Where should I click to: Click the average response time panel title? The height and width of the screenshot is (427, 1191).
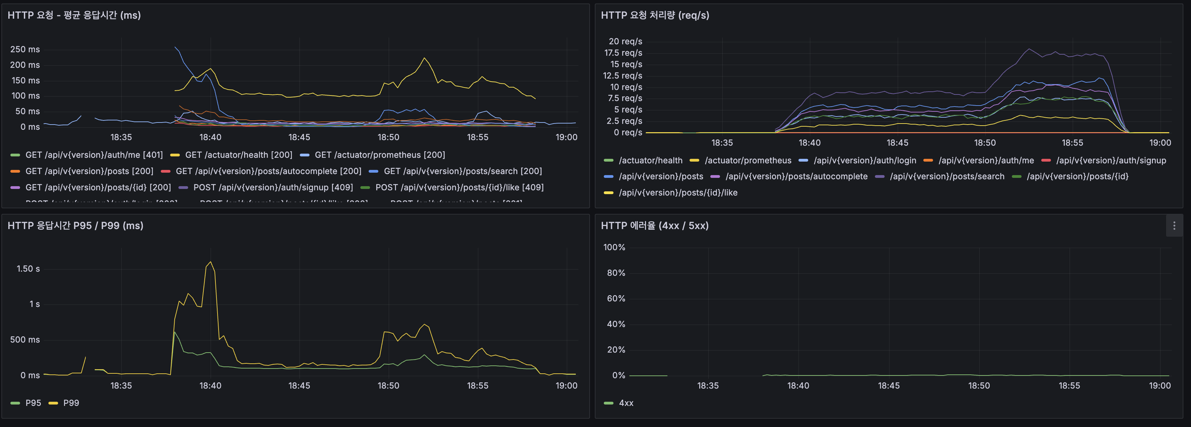[x=74, y=15]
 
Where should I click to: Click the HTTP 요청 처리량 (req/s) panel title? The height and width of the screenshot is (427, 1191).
[x=655, y=15]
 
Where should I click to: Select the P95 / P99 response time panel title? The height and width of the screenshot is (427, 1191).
[x=75, y=225]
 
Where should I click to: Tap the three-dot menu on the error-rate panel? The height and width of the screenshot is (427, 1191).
[x=1174, y=226]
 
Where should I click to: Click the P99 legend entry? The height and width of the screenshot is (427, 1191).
[x=71, y=403]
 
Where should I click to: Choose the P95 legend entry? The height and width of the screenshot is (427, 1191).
[x=33, y=403]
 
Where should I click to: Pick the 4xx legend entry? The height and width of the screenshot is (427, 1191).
[x=626, y=403]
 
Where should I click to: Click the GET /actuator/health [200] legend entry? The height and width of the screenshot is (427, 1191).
[x=238, y=155]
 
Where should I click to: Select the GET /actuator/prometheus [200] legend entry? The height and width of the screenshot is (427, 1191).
[x=380, y=155]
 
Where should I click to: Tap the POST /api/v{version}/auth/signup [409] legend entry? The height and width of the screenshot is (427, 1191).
[x=273, y=187]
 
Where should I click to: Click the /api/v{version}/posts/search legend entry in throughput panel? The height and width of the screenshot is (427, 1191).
[x=947, y=176]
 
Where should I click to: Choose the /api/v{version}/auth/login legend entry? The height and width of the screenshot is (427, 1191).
[x=865, y=161]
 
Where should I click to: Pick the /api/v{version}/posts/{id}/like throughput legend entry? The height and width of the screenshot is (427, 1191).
[x=678, y=192]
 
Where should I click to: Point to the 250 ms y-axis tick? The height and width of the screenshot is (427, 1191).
[x=25, y=49]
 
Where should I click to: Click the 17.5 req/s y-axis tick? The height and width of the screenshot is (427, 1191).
[x=623, y=53]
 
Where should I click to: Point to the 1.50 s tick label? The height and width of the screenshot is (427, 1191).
[x=28, y=269]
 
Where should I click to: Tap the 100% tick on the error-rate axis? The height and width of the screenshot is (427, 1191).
[x=614, y=247]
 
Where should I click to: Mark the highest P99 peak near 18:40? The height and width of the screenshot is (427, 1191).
[x=211, y=262]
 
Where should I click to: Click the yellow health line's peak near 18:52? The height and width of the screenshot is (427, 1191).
[x=424, y=58]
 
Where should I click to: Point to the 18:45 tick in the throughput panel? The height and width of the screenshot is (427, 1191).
[x=897, y=143]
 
